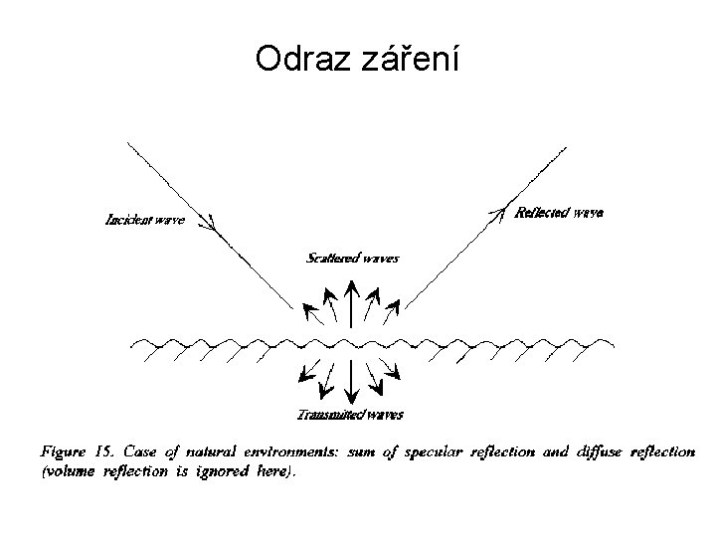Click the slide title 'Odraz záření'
click(x=357, y=61)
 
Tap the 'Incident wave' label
click(x=144, y=220)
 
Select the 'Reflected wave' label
click(x=559, y=212)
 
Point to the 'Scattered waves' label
click(x=352, y=259)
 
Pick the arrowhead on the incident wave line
click(x=210, y=226)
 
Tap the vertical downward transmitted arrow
click(x=351, y=383)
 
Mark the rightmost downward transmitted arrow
click(x=392, y=374)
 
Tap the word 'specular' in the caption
click(x=430, y=452)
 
